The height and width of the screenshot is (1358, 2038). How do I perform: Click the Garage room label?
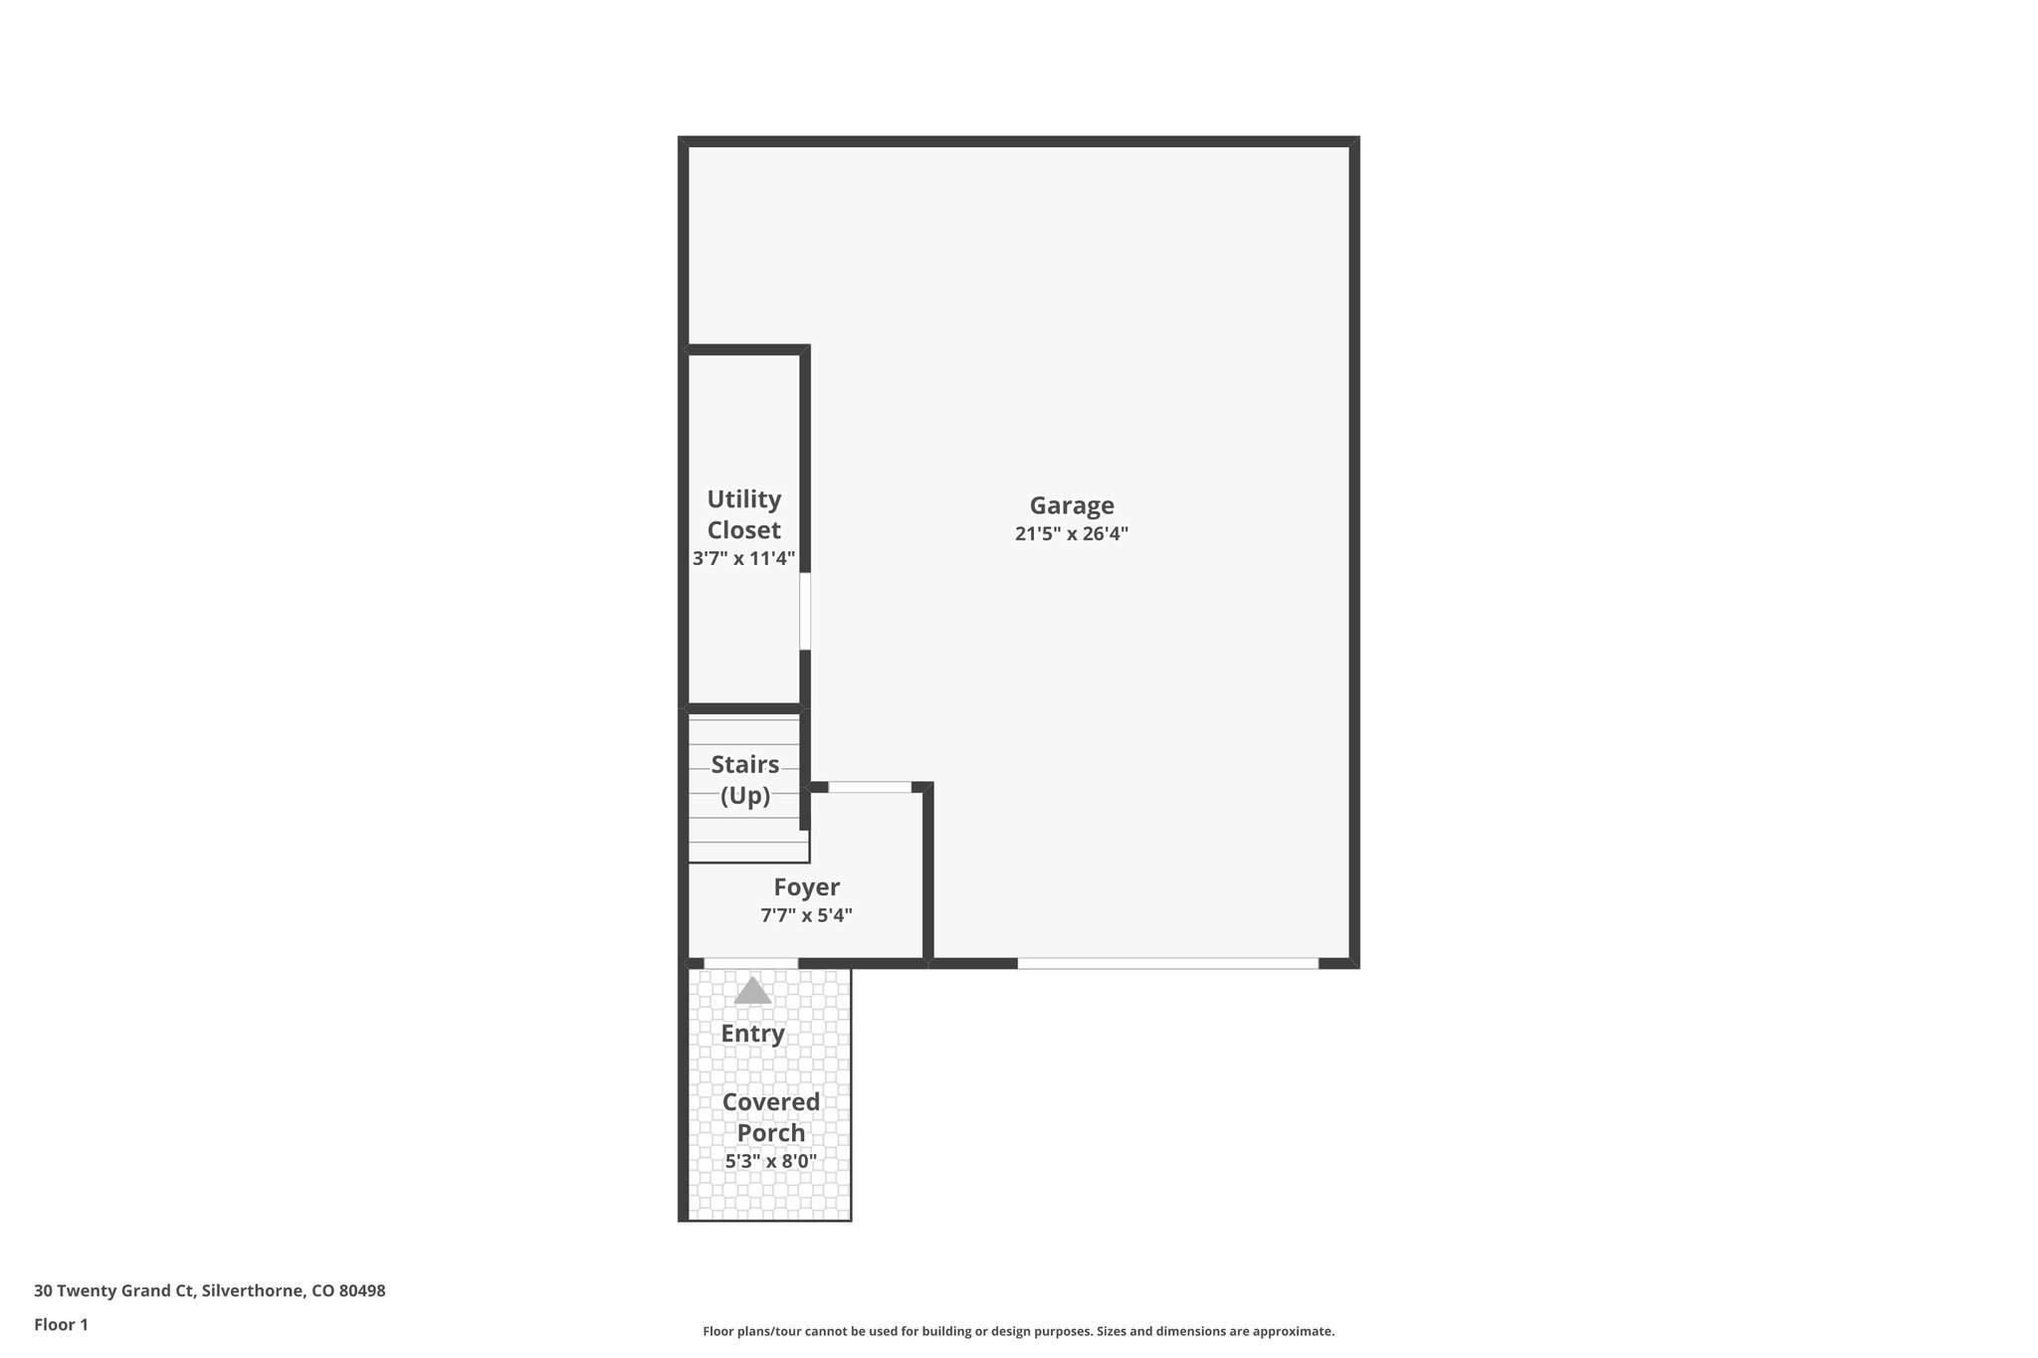(1071, 505)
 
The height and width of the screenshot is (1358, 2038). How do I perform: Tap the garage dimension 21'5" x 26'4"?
(1071, 533)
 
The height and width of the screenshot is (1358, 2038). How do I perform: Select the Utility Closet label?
(743, 514)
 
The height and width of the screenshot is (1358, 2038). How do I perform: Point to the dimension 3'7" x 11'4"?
(743, 558)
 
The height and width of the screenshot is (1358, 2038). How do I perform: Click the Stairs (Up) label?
(745, 780)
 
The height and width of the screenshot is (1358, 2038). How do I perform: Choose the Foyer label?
(806, 886)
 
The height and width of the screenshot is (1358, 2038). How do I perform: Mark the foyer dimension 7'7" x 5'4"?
(806, 915)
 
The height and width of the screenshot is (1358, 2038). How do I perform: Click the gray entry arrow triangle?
(752, 991)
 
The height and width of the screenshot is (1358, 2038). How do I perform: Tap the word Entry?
(752, 1034)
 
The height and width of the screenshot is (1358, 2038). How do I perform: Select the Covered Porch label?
(771, 1117)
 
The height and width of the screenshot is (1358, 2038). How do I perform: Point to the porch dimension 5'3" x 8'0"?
(771, 1161)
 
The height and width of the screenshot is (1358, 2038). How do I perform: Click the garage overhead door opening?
(1167, 963)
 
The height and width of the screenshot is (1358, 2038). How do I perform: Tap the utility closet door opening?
(805, 611)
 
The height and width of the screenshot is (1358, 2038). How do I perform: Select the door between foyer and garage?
(870, 787)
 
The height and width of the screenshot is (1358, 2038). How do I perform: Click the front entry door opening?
(750, 963)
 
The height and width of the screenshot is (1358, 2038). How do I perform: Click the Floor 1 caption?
(61, 1324)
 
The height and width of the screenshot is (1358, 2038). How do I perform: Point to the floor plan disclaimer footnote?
(1018, 1331)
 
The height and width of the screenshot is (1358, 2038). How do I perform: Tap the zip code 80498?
(361, 1291)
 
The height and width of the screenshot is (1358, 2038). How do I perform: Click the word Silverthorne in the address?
(253, 1291)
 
